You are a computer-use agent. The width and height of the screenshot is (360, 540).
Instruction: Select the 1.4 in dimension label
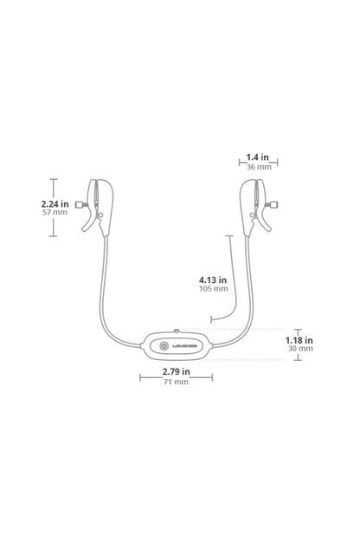pyautogui.click(x=258, y=157)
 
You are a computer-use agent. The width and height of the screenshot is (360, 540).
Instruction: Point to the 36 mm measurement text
pyautogui.click(x=258, y=167)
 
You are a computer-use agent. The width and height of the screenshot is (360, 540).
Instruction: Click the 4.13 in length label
pyautogui.click(x=212, y=280)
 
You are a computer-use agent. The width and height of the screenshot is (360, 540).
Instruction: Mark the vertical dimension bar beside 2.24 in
pyautogui.click(x=54, y=208)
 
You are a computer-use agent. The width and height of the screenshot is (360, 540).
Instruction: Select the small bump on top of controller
pyautogui.click(x=176, y=330)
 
